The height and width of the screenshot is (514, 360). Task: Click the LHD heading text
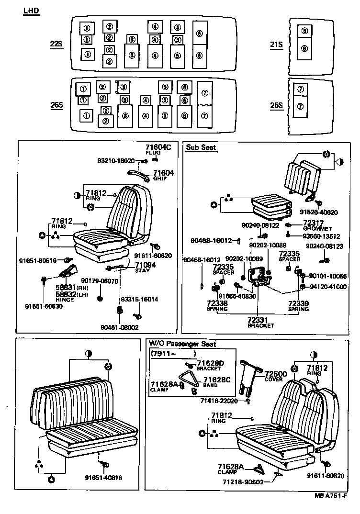click(x=31, y=11)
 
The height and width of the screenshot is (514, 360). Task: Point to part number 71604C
click(x=158, y=147)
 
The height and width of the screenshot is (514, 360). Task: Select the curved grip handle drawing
click(x=139, y=173)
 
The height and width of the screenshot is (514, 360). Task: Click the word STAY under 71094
click(x=142, y=271)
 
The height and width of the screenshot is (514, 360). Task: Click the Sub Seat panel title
click(x=201, y=148)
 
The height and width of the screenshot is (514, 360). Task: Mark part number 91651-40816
click(x=104, y=477)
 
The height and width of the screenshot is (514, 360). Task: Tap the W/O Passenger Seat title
click(x=182, y=344)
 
